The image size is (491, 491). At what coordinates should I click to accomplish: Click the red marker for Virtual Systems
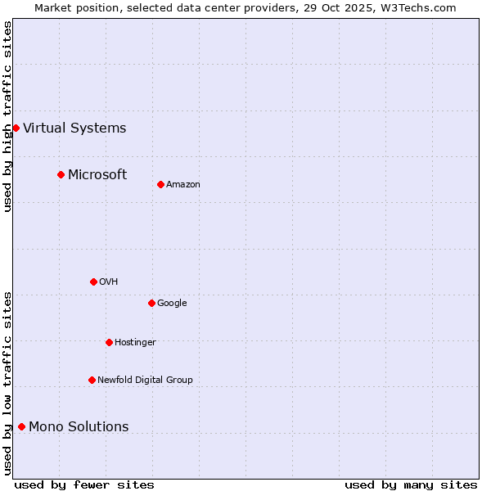click(16, 128)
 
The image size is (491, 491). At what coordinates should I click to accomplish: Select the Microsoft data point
click(61, 174)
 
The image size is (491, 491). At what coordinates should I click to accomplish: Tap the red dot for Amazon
click(160, 184)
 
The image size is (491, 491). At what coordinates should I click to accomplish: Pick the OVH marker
click(93, 282)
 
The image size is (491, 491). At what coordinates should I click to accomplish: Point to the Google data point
click(151, 303)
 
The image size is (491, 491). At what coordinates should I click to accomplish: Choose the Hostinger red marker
click(109, 342)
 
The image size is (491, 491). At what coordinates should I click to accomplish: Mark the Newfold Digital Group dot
click(92, 380)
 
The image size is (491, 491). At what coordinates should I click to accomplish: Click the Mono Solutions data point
click(21, 426)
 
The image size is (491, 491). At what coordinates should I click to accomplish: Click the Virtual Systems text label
click(74, 128)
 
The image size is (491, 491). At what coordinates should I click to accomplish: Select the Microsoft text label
click(97, 174)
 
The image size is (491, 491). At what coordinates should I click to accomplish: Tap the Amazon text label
click(183, 185)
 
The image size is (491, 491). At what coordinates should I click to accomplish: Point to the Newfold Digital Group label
click(145, 380)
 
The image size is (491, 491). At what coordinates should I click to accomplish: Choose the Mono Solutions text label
click(79, 426)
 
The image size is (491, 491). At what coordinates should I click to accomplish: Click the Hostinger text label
click(135, 342)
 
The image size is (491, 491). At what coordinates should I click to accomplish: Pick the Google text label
click(172, 303)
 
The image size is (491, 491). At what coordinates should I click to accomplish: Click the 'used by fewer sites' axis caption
click(84, 484)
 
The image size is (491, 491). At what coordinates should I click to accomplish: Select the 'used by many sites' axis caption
click(411, 484)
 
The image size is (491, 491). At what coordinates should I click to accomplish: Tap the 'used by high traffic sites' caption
click(7, 116)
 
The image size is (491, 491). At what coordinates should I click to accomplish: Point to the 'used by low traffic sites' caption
click(7, 383)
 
